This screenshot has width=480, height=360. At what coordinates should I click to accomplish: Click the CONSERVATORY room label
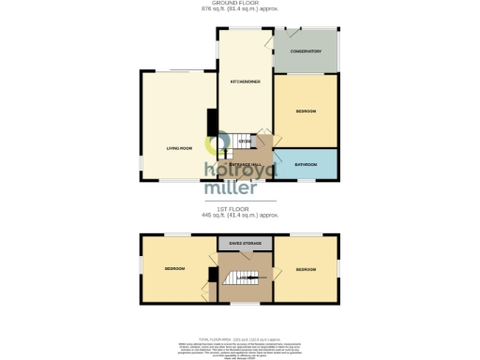point(306,52)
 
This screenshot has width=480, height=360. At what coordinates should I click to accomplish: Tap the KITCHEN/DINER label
point(245,82)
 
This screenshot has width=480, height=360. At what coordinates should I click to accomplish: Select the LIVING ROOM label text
point(179,148)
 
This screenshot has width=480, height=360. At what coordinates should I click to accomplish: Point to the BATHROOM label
point(306,164)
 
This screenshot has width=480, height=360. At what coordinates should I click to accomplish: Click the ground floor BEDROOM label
point(306,111)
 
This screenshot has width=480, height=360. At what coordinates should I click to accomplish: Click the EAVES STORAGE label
point(245,243)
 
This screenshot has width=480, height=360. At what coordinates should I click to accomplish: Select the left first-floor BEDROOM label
point(174,269)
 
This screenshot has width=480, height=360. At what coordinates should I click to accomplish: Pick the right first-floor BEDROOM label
point(306,269)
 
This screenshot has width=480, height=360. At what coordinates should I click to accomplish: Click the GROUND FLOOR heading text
point(239,4)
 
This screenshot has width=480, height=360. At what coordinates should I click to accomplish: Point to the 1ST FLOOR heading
point(239,209)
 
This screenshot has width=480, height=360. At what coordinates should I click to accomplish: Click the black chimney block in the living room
point(213,121)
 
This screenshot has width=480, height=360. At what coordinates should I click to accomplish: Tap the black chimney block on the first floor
point(213,275)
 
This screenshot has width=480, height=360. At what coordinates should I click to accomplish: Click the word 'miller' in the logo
point(231,186)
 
